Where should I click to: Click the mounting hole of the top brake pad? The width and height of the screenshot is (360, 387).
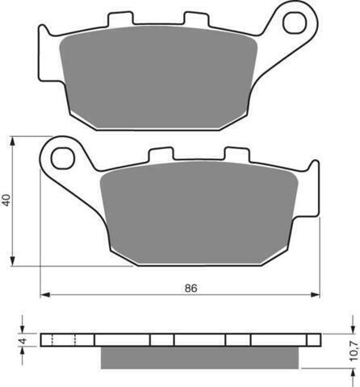(295, 23)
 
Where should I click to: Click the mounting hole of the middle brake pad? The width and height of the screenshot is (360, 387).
(63, 158)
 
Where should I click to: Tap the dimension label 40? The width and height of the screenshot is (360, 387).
(6, 200)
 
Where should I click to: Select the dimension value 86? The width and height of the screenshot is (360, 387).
(190, 288)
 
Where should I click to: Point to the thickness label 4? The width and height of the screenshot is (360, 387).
(23, 340)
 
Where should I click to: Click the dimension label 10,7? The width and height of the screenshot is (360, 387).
(354, 351)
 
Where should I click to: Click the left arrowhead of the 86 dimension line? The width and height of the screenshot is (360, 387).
(45, 295)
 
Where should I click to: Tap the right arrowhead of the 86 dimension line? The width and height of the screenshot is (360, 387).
(315, 295)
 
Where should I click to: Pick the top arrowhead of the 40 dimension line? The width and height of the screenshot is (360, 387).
(12, 142)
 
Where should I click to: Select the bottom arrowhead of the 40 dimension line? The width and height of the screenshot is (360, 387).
(12, 261)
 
